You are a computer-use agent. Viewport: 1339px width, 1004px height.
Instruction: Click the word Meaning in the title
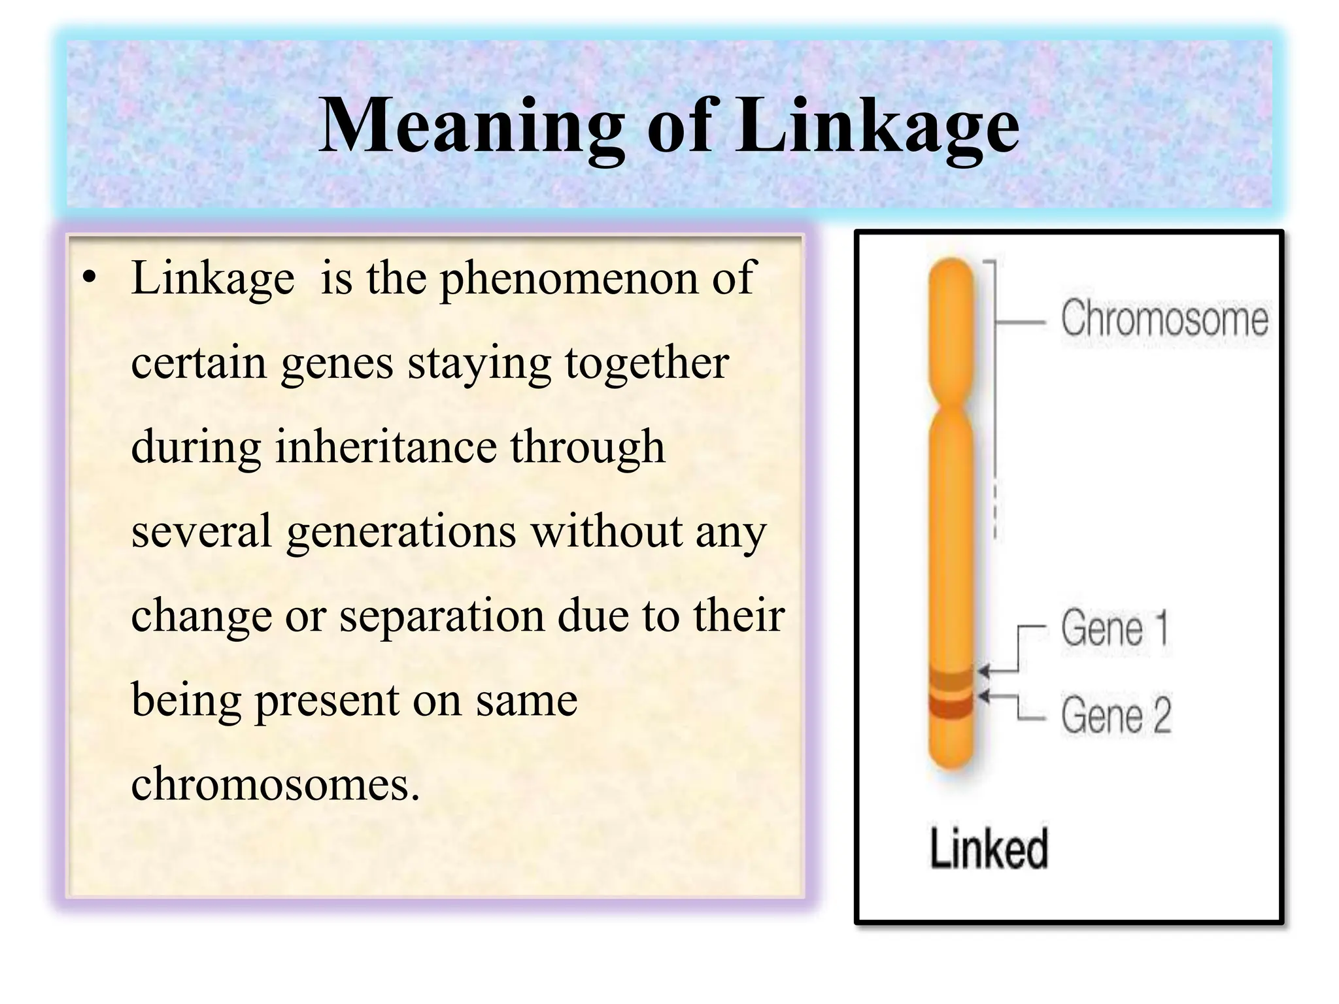470,125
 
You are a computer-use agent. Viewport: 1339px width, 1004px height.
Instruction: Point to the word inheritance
385,447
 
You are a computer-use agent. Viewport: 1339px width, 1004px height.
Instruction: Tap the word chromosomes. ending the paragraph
275,784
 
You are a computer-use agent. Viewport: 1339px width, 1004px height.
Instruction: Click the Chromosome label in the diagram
1164,318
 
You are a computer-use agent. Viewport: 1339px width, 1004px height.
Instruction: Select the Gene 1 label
1114,628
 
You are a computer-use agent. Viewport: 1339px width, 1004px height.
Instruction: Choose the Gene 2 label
1115,715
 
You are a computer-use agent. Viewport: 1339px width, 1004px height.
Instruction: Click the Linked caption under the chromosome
989,848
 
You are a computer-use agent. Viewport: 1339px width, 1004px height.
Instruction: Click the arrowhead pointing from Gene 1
983,671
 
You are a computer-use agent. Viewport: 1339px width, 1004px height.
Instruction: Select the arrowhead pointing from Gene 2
983,697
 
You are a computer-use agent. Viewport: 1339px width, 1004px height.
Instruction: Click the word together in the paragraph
647,363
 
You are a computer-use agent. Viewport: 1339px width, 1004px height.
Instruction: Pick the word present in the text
326,699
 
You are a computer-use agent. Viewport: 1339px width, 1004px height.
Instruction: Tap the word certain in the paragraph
199,363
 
